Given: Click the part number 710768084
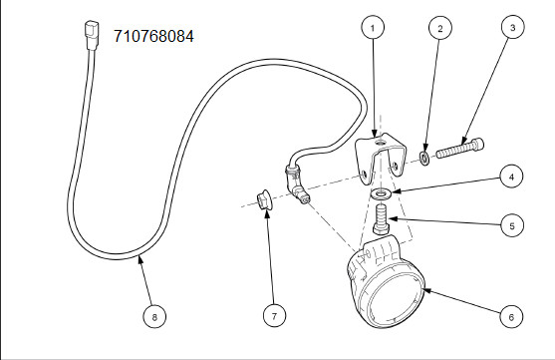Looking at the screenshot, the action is click(153, 36).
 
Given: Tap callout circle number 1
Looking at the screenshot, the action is click(373, 27).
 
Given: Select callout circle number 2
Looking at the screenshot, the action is click(440, 28).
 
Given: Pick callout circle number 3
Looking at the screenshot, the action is click(513, 27).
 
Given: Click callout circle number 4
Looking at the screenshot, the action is click(511, 177).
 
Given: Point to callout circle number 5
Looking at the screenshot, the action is click(512, 225).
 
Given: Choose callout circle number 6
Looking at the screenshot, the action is click(511, 316).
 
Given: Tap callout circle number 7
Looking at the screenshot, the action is click(275, 316).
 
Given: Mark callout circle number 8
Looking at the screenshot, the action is click(154, 316).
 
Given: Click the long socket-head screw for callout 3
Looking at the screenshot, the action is click(459, 149).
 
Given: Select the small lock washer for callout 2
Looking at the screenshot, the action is click(424, 158).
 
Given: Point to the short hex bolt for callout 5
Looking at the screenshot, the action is click(382, 219).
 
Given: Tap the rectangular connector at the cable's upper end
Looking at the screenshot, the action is click(92, 35).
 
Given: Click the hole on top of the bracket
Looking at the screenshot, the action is click(381, 143).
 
